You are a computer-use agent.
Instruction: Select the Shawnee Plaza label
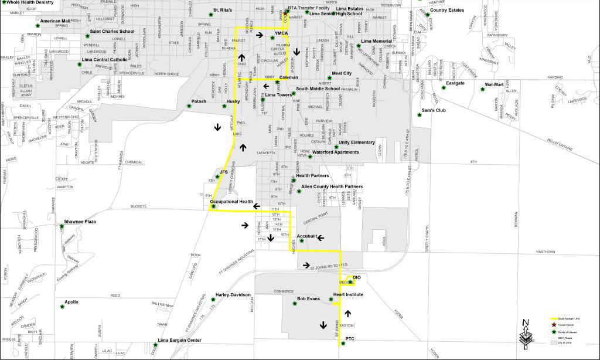80,222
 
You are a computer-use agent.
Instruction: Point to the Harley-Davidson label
233,294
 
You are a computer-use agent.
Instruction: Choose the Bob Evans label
309,299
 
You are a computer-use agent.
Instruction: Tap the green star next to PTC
343,344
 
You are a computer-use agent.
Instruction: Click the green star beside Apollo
62,306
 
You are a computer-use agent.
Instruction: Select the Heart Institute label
348,294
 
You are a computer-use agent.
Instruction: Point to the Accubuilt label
307,236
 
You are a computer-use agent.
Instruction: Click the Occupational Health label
231,202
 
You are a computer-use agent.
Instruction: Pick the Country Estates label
447,10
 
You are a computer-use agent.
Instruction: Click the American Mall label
55,21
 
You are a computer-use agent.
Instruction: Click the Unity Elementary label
357,142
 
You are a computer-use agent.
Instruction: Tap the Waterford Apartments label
335,152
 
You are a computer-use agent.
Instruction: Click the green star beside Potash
189,106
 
